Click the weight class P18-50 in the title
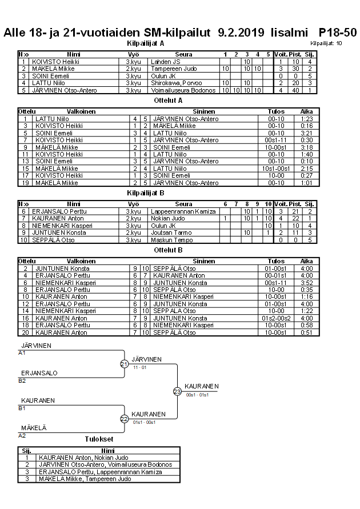point(338,33)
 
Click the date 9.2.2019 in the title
point(242,33)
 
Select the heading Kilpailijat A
point(145,43)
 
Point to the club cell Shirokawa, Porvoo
point(175,83)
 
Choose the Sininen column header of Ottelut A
point(204,112)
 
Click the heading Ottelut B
point(169,250)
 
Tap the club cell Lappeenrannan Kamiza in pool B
point(183,211)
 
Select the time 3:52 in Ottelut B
point(306,283)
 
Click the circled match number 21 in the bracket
point(124,364)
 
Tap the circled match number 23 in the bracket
point(177,391)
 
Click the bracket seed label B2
point(22,380)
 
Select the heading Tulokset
point(99,439)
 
